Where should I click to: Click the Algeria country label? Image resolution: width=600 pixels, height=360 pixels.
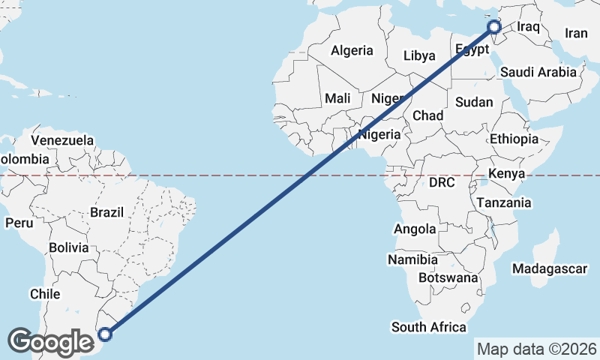[352, 51]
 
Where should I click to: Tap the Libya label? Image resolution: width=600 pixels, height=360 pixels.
[418, 55]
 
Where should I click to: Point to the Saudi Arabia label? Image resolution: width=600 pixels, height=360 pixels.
[538, 72]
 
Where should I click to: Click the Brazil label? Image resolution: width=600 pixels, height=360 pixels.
[106, 212]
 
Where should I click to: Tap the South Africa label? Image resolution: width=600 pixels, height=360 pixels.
[428, 327]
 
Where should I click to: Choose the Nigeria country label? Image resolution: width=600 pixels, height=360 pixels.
[379, 135]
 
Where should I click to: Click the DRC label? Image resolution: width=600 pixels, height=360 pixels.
[442, 182]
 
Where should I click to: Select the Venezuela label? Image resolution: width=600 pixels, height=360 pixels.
[63, 140]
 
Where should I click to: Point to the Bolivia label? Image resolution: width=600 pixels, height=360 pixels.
[69, 247]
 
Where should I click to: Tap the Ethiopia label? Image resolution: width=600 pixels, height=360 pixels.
[514, 139]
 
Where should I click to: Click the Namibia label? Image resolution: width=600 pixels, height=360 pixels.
[412, 259]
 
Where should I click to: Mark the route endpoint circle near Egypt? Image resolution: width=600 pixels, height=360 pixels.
[494, 27]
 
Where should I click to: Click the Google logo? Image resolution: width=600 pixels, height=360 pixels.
[50, 342]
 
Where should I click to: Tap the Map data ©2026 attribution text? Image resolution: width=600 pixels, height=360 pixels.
[537, 349]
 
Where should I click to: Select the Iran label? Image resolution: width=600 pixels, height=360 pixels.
[576, 33]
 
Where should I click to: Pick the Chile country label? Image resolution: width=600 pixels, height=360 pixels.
[44, 295]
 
